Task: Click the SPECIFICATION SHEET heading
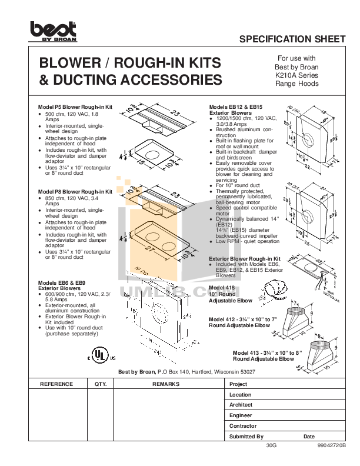[292, 39]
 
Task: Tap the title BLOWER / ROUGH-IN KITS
[129, 63]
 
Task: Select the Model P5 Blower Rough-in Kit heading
[75, 107]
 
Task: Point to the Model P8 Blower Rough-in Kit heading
[75, 192]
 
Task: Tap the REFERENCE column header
[56, 384]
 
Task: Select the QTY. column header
[99, 384]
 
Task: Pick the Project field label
[239, 384]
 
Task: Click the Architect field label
[241, 405]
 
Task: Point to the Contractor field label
[243, 426]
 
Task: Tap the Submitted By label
[246, 437]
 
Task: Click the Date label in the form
[309, 437]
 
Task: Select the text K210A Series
[296, 75]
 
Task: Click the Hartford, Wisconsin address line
[187, 372]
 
